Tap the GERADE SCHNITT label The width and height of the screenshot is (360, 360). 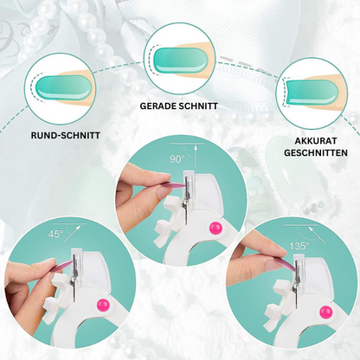(x=178, y=106)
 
